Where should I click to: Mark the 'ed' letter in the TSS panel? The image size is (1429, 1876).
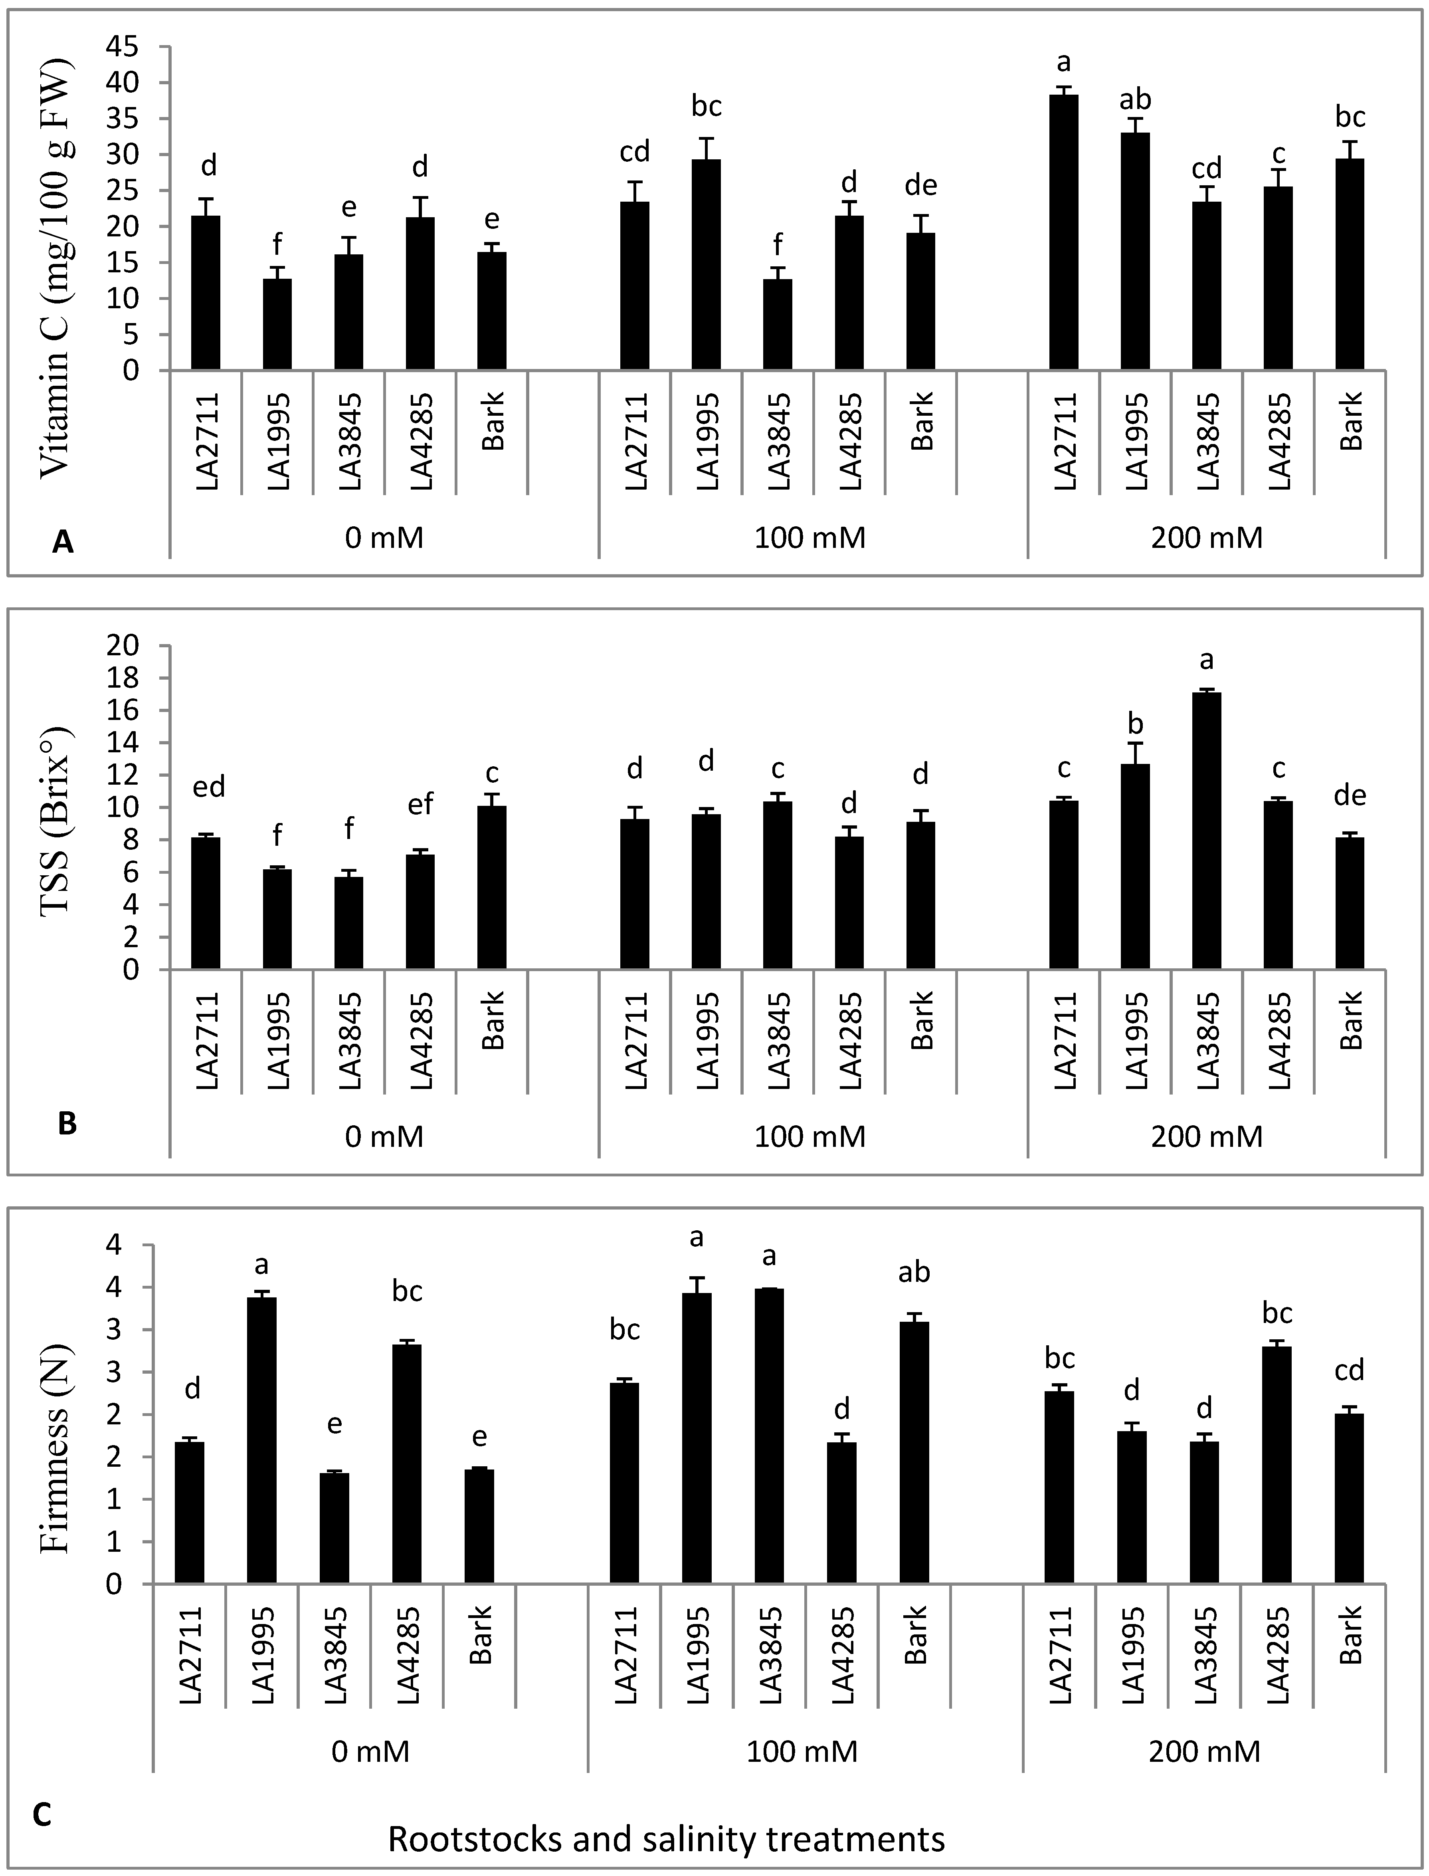[x=208, y=787]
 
